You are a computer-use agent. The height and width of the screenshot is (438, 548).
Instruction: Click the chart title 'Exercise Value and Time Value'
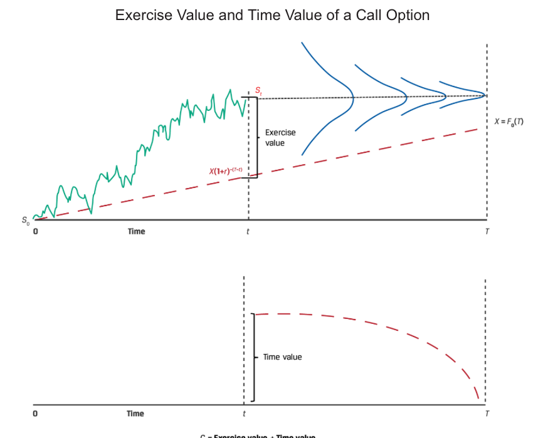pos(272,15)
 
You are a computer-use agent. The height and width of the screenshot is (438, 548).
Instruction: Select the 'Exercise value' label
pos(280,138)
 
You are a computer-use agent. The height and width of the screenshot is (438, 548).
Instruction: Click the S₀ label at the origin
pos(25,221)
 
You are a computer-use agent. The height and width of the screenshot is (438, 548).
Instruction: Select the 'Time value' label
pos(282,357)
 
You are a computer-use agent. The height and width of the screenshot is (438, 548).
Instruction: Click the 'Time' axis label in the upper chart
pos(136,232)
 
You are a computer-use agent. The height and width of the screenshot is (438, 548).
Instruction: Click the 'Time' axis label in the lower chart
pos(135,414)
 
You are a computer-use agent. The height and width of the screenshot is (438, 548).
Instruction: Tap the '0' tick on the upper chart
pos(35,232)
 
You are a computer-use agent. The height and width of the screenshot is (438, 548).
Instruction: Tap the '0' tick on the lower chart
pos(34,414)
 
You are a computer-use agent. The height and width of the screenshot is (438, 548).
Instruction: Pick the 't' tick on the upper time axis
pos(248,232)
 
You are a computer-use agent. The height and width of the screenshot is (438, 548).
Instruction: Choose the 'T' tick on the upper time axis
pos(487,232)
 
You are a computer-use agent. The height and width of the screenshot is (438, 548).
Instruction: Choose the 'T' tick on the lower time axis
pos(487,414)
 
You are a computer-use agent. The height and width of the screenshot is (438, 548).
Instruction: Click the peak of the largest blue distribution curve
pos(353,97)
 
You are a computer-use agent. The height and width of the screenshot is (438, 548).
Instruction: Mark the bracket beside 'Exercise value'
pos(255,137)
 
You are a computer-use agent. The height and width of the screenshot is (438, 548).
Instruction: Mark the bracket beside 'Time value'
pos(253,357)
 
